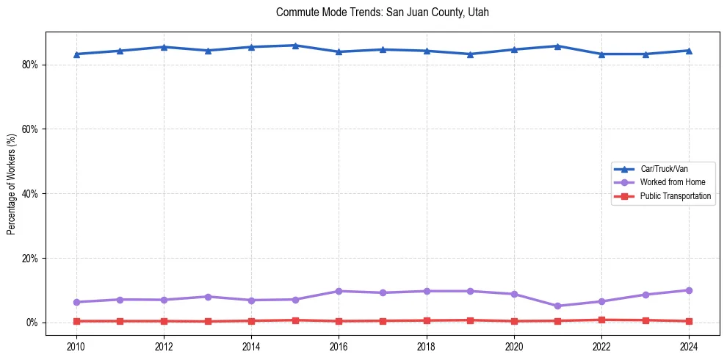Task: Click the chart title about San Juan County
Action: coord(382,12)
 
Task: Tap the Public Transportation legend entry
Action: coord(675,196)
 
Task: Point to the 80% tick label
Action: coord(30,65)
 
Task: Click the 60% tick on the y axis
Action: coord(30,129)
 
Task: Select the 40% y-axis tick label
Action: coord(30,194)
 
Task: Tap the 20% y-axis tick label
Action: coord(30,259)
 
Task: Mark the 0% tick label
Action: coord(32,323)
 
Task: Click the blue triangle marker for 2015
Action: coord(295,46)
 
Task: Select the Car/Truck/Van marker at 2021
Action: coord(557,46)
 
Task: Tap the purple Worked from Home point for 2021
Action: coord(557,306)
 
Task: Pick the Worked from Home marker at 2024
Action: coord(689,290)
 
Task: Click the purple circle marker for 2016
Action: coord(339,291)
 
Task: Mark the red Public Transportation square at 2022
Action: coord(601,320)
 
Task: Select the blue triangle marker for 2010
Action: coord(76,54)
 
